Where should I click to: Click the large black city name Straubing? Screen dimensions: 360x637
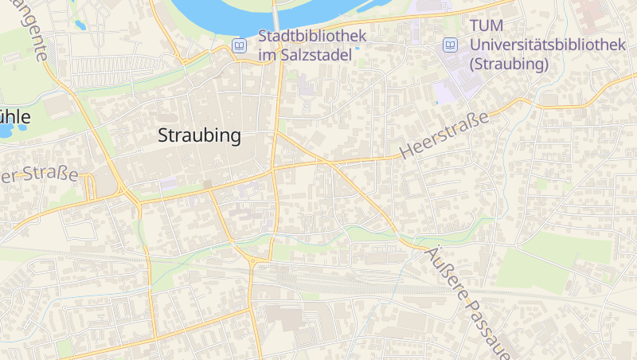point(199,136)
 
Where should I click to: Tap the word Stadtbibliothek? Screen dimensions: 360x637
point(312,36)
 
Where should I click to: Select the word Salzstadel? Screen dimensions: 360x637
point(314,56)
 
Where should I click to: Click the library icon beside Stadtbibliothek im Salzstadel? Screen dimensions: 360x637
point(238,46)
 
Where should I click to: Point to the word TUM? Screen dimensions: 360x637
point(487,27)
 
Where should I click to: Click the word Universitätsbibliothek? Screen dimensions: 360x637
point(548,45)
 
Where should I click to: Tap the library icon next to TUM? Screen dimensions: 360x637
point(451,45)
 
